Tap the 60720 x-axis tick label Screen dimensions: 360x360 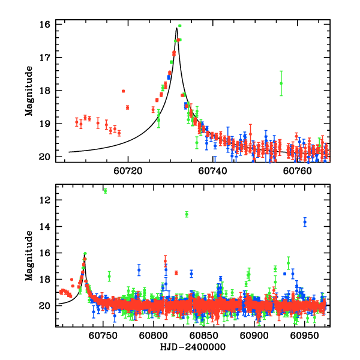(x=128, y=170)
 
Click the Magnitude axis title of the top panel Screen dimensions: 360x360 (x=29, y=91)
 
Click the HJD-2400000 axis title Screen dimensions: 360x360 (x=192, y=347)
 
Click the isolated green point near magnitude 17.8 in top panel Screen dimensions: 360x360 (x=281, y=83)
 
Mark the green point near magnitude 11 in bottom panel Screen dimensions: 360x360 (x=105, y=191)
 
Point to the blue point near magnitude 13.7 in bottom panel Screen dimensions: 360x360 (x=305, y=222)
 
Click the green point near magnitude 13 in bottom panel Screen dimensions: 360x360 (x=187, y=214)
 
